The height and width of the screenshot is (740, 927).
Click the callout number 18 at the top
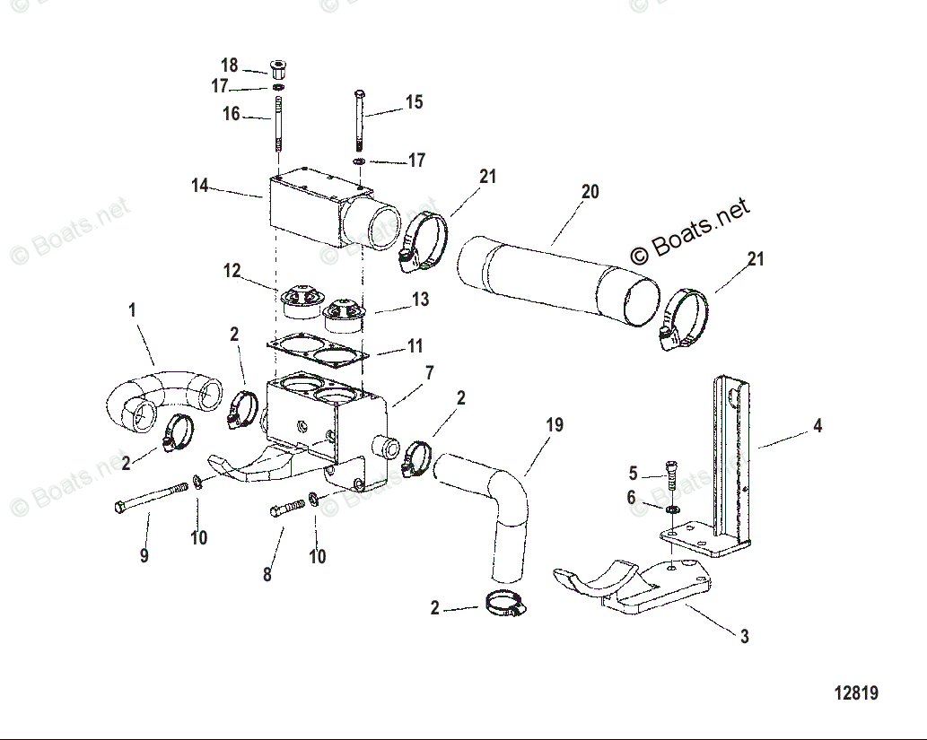[x=230, y=65]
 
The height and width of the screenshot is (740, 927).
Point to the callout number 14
[x=200, y=186]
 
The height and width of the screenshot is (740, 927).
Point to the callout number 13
[x=420, y=300]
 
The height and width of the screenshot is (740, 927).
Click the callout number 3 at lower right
[x=744, y=637]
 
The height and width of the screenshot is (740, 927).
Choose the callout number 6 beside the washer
[x=631, y=498]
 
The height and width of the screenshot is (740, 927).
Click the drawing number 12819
[x=855, y=693]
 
